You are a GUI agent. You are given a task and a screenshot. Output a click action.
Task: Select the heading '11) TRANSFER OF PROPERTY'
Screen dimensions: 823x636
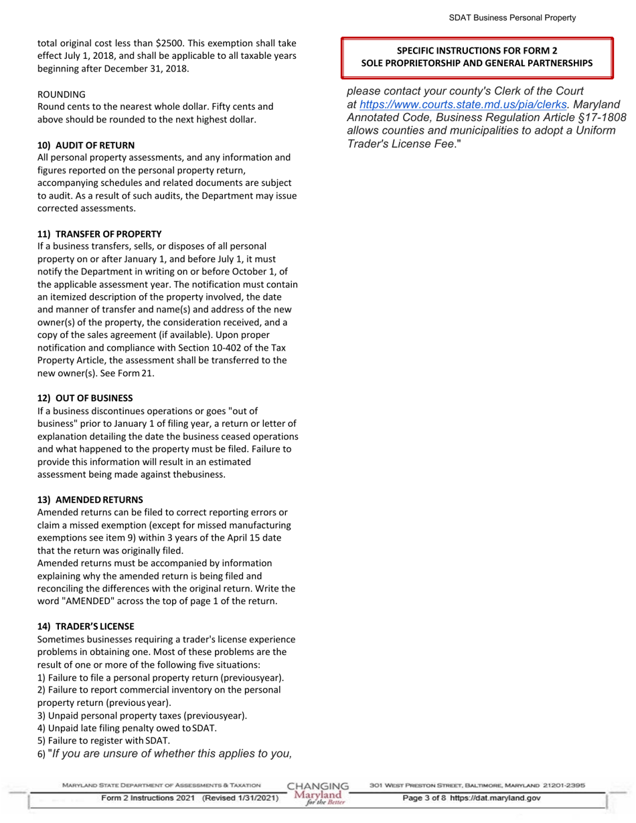tap(99, 234)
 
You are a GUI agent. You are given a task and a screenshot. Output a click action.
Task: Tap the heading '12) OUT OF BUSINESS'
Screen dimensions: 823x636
tap(85, 397)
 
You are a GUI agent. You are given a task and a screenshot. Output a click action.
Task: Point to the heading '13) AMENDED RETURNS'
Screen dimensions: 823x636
tap(90, 500)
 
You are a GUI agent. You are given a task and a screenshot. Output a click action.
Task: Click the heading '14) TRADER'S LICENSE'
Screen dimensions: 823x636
tap(86, 626)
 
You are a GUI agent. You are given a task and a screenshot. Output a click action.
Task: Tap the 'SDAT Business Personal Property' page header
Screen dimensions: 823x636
tap(512, 18)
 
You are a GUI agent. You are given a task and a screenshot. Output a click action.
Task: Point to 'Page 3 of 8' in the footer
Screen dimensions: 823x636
tap(424, 798)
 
